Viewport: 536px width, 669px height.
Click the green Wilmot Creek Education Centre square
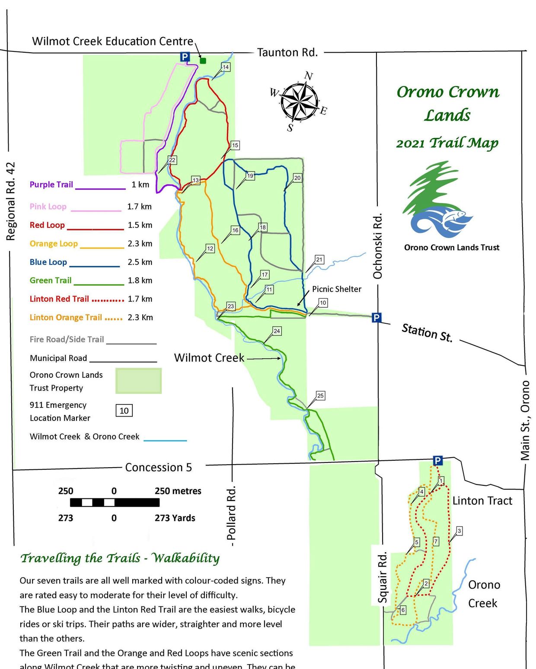(x=203, y=61)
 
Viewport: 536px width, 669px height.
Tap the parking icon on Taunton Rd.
(x=185, y=57)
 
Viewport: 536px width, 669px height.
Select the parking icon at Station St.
(x=376, y=318)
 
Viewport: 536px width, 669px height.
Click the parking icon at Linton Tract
(x=437, y=461)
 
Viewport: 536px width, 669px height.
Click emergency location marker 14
(x=225, y=67)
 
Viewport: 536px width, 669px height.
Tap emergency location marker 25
(x=320, y=395)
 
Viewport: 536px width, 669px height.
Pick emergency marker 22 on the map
(x=172, y=160)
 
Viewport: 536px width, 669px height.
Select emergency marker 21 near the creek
(x=319, y=260)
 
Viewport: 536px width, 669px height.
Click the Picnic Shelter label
(x=336, y=289)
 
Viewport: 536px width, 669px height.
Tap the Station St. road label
(x=427, y=333)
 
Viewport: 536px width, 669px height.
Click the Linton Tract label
(x=482, y=501)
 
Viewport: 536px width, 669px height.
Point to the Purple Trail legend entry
(x=51, y=185)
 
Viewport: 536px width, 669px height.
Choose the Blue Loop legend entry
(x=48, y=262)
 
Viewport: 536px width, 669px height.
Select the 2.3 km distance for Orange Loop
(x=140, y=243)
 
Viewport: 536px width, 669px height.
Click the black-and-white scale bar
(x=115, y=502)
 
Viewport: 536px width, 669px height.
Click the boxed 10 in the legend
(x=124, y=411)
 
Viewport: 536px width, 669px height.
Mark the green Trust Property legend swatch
(x=138, y=381)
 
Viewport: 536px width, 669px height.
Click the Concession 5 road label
(x=158, y=467)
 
